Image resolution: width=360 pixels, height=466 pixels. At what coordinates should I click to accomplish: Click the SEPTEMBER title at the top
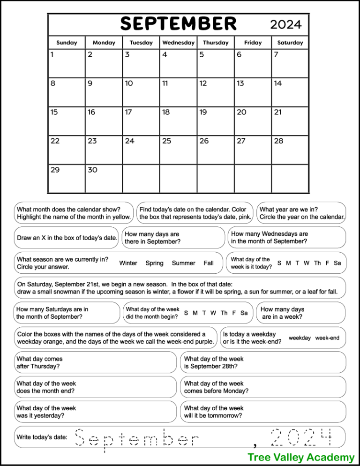(179, 23)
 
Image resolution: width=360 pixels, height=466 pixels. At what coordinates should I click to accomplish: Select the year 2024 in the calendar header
(285, 24)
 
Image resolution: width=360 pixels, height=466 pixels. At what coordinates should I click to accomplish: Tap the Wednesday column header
(178, 42)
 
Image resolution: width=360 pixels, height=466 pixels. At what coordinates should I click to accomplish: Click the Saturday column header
(290, 42)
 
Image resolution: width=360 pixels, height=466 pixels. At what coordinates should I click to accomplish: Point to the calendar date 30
(92, 170)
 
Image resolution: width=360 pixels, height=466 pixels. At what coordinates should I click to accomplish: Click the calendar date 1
(52, 55)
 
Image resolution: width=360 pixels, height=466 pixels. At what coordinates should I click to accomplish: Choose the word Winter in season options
(128, 263)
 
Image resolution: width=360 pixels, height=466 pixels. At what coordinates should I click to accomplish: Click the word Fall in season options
(209, 263)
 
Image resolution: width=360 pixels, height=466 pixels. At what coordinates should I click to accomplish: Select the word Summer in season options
(183, 263)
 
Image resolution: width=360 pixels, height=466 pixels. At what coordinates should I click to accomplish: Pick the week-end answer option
(327, 338)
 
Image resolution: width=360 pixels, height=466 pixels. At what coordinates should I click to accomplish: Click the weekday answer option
(300, 338)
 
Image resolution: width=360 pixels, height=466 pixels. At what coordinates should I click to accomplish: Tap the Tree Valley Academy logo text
(301, 457)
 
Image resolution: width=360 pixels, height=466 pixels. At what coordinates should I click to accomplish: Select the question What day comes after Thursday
(39, 362)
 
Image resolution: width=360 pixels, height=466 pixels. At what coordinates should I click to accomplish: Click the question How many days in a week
(283, 313)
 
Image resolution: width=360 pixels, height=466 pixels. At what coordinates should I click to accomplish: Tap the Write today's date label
(42, 437)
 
